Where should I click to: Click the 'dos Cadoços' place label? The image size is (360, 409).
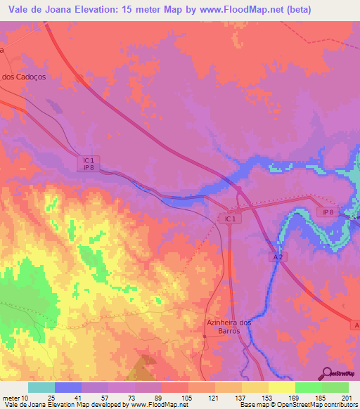(x=25, y=77)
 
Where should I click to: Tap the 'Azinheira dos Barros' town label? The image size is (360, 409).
(x=224, y=326)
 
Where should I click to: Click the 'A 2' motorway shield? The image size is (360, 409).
(x=278, y=258)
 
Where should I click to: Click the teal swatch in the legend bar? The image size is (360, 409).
(x=41, y=387)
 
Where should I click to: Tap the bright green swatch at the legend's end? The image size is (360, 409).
(x=335, y=387)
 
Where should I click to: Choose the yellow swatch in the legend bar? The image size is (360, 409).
(x=282, y=387)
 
